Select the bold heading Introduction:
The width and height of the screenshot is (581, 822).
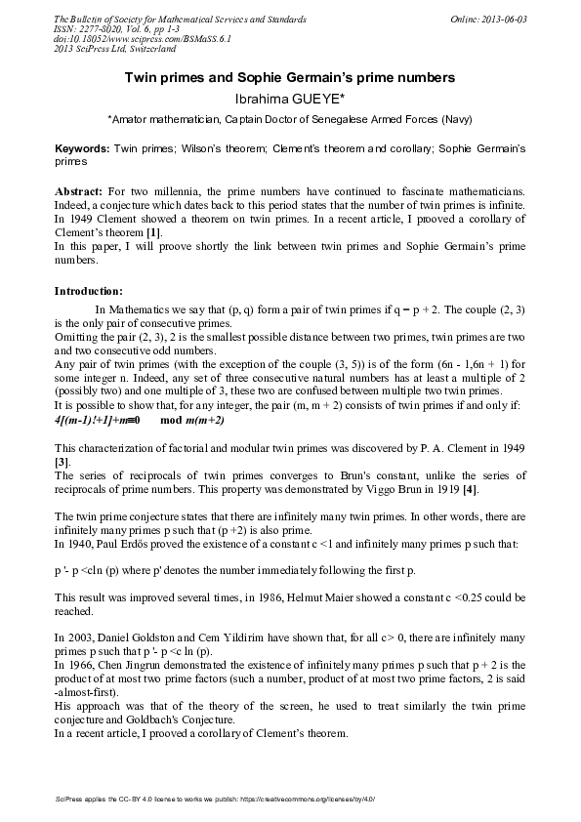(x=88, y=290)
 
